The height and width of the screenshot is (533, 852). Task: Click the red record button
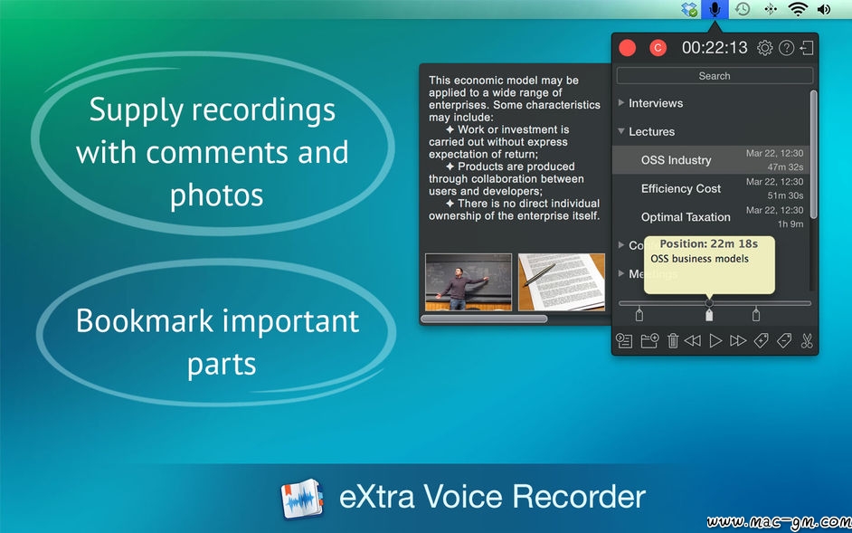point(627,48)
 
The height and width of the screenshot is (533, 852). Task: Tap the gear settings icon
point(764,48)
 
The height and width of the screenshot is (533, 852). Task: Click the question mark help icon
point(786,48)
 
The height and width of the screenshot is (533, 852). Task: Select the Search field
point(715,76)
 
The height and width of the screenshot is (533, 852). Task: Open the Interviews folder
point(656,103)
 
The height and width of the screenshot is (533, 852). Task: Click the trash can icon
point(673,341)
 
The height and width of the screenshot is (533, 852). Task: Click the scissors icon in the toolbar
point(807,341)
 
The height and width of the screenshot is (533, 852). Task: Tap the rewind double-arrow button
point(692,341)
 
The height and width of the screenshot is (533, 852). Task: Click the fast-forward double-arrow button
point(738,341)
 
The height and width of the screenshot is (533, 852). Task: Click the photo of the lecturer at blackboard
point(469,281)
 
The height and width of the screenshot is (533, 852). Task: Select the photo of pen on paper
point(562,281)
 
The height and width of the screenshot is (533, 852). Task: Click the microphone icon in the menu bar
point(715,9)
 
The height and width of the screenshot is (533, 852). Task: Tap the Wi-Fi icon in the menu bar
point(798,9)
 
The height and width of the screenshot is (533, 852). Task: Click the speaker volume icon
point(824,9)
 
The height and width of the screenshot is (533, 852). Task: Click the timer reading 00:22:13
point(715,48)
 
